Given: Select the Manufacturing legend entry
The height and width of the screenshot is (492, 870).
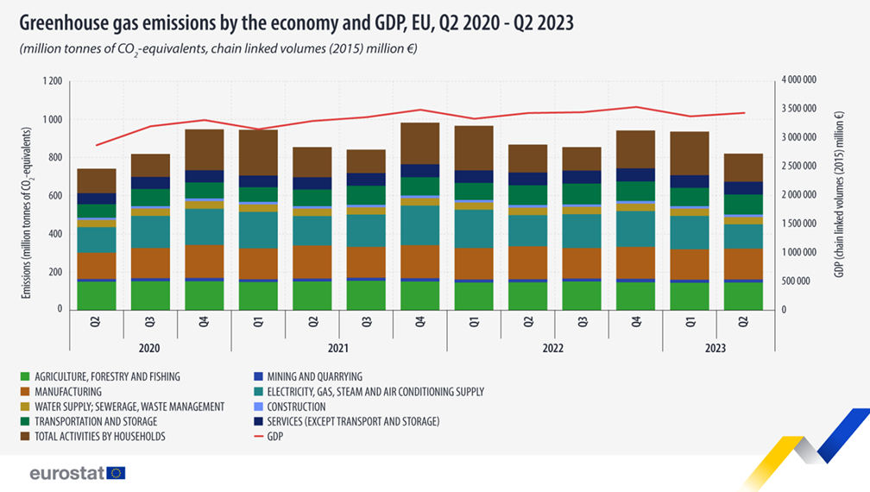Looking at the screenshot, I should [66, 392].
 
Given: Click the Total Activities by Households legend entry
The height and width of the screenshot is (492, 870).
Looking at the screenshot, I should [91, 437].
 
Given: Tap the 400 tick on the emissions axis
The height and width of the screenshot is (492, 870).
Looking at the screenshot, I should [55, 234].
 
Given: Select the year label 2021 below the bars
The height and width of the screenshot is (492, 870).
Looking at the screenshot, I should [337, 349].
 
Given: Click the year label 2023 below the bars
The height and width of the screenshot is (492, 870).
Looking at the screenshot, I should [716, 349].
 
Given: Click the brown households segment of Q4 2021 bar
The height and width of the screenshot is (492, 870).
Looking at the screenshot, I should [419, 142].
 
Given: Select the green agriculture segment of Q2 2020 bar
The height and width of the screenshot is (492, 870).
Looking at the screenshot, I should [97, 294].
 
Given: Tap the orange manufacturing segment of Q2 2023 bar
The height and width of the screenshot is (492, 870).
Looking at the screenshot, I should [743, 264].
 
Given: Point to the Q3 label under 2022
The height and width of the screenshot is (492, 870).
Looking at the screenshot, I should [581, 320].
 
